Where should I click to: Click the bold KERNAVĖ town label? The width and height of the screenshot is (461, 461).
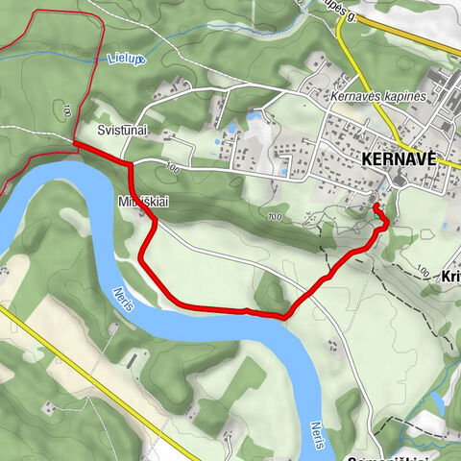pos(399,159)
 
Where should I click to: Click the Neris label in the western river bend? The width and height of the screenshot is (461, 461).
pos(122,301)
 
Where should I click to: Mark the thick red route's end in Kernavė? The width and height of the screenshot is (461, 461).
pos(376,206)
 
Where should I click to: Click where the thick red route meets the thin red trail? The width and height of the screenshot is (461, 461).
pos(75,144)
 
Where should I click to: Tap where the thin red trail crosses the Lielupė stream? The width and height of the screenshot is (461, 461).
pos(93,63)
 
